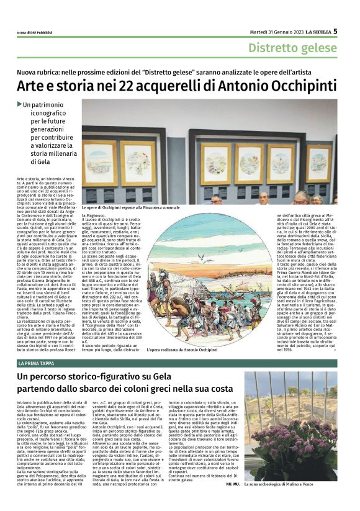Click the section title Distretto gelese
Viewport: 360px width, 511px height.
(x=292, y=48)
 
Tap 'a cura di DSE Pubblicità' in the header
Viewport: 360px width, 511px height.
(x=38, y=32)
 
